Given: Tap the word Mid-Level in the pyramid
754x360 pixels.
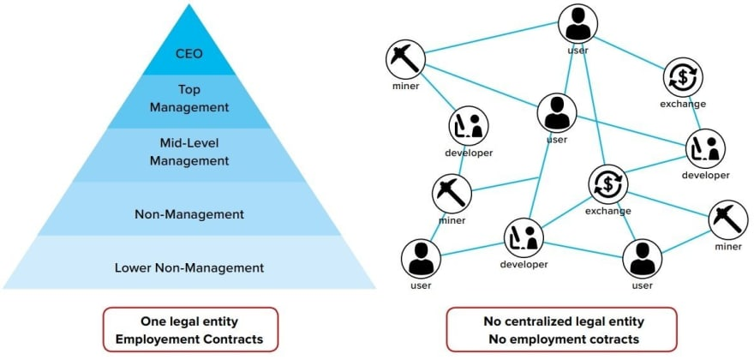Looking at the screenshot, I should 189,143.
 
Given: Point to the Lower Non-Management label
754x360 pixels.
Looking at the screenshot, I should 189,267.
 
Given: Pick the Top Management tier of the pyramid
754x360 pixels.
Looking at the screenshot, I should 189,100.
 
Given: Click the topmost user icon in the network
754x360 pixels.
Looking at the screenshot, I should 577,23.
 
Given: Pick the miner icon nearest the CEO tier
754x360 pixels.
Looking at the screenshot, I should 403,58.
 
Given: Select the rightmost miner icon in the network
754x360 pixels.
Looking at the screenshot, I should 727,220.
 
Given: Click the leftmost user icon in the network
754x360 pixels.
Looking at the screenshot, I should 420,256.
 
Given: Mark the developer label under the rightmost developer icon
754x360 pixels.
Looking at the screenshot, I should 705,175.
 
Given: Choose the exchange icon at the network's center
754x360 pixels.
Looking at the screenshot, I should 607,183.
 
